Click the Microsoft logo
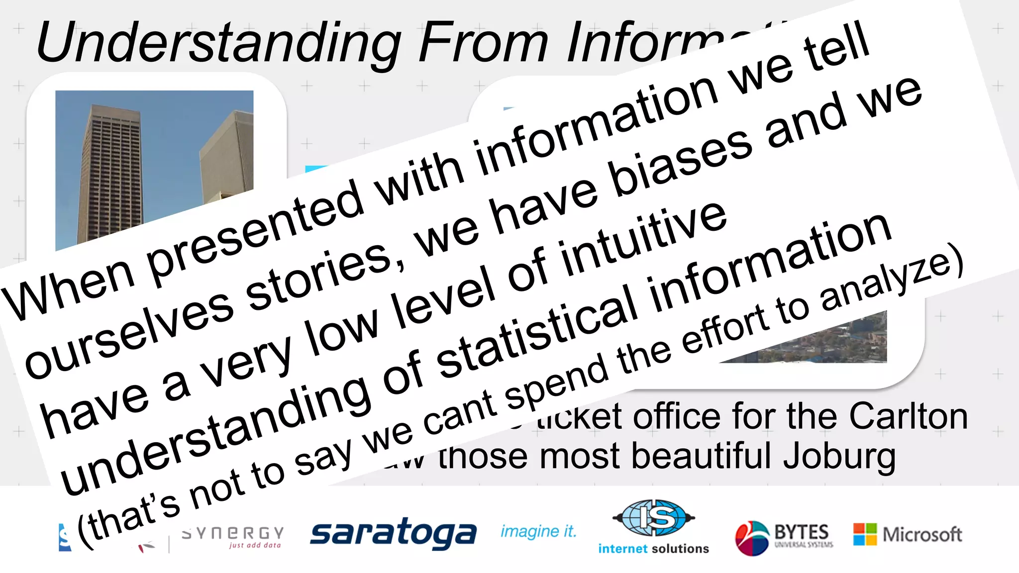(908, 535)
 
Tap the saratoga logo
(393, 533)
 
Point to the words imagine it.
(538, 532)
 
